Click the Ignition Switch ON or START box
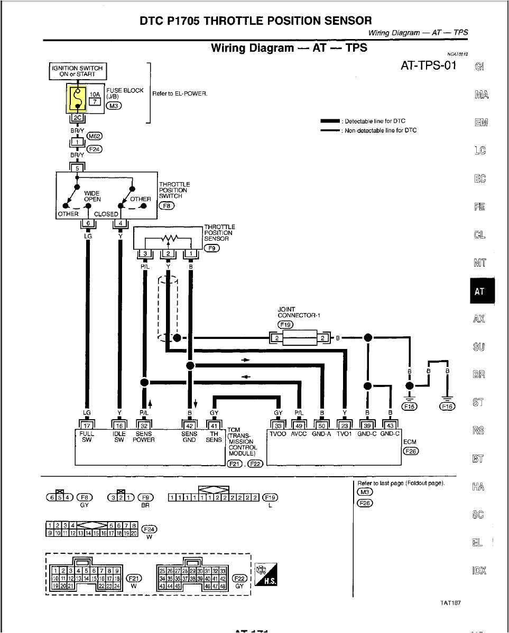[x=77, y=71]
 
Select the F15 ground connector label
[x=410, y=406]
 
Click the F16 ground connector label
[x=447, y=406]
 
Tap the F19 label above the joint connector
[x=285, y=325]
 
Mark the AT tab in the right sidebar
[x=480, y=291]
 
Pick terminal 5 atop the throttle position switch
[x=77, y=168]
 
